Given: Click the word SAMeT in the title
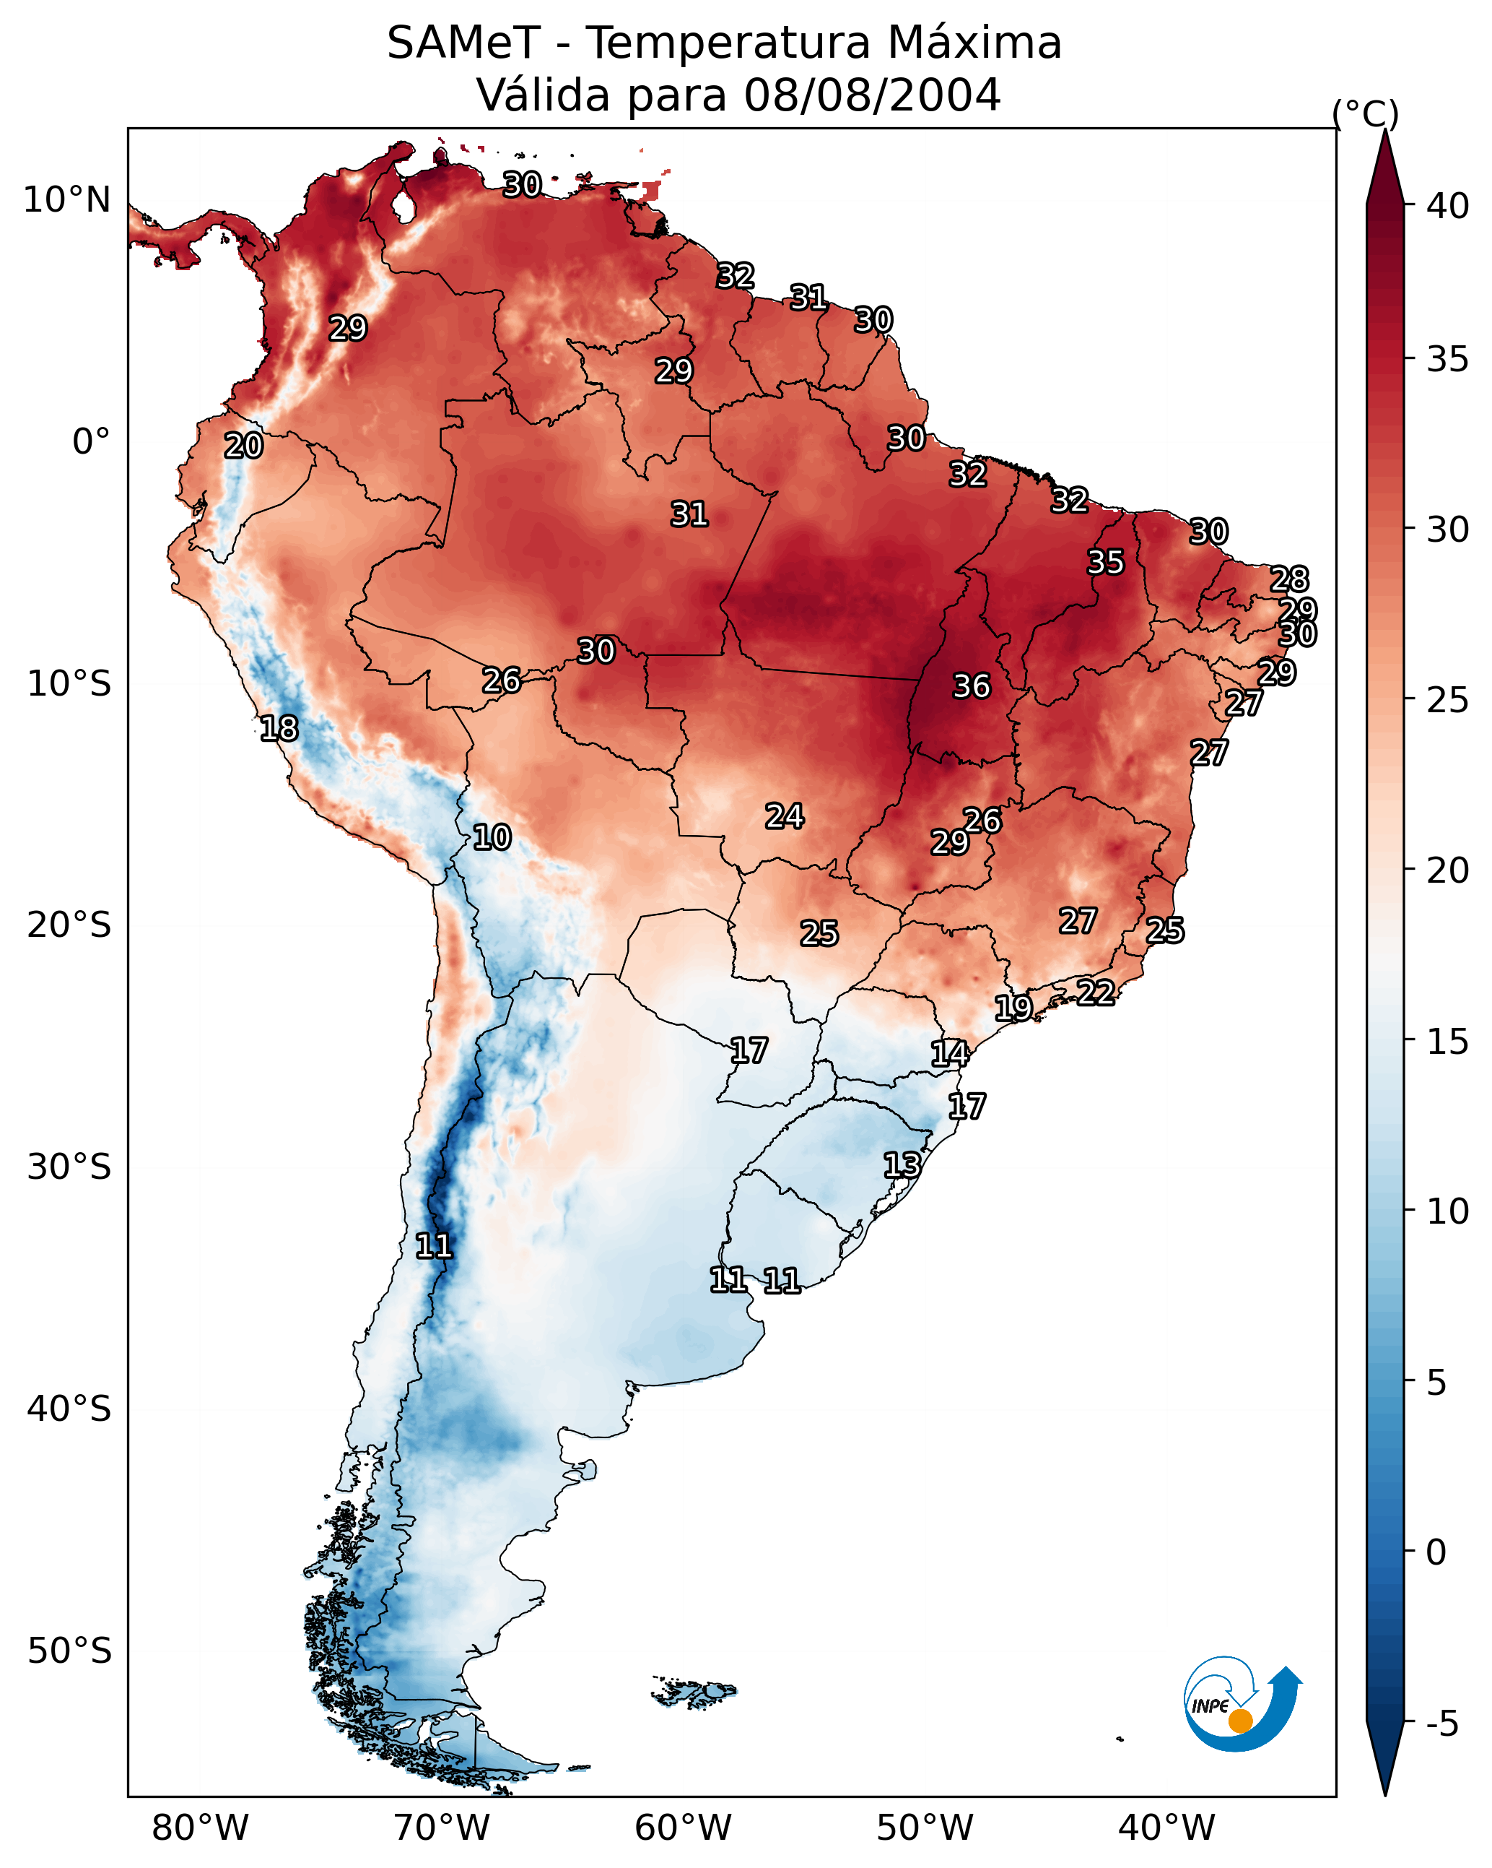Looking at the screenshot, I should tap(463, 43).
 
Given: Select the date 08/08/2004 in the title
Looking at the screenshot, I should tap(872, 95).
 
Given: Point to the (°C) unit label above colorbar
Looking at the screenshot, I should tap(1365, 113).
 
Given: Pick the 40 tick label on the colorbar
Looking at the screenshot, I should tap(1448, 206).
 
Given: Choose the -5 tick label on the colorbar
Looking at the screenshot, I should tap(1441, 1724).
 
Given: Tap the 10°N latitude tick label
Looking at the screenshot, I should tap(66, 200).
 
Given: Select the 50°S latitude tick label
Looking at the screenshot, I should tap(69, 1651).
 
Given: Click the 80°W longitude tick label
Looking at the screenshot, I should tap(200, 1828).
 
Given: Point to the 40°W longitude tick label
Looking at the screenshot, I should tap(1166, 1828).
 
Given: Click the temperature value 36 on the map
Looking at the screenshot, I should tap(971, 686).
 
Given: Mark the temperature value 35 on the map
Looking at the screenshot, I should tap(1105, 562).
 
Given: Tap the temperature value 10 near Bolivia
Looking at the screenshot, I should tap(492, 837).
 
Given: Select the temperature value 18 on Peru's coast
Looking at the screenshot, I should tap(279, 729).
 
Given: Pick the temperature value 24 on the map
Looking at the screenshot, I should tap(785, 816).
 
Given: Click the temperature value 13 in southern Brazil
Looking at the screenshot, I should tap(902, 1164).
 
